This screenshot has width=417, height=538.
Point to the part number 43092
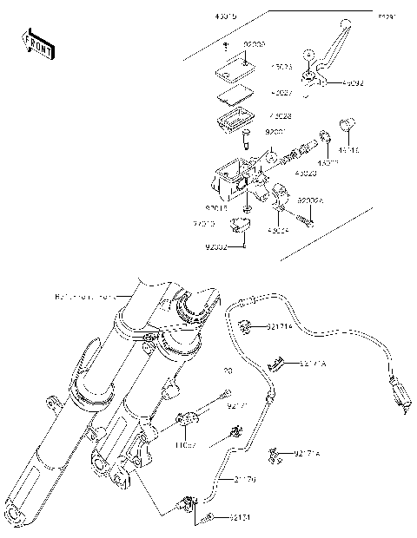331,84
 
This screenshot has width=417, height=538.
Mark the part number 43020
306,174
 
